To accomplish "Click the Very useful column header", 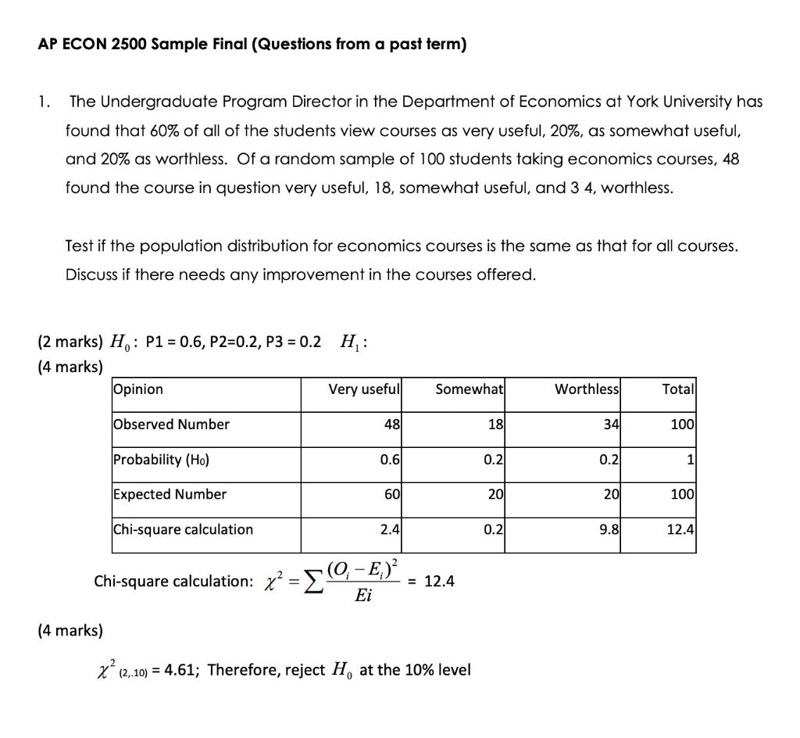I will pos(364,389).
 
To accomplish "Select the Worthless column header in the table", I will pos(587,389).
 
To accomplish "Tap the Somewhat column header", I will pos(470,389).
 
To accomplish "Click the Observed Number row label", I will pos(171,425).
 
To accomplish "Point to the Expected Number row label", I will pos(170,494).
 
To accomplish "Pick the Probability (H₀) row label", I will pos(161,460).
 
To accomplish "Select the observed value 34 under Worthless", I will pos(610,425).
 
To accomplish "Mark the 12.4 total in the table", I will pos(680,529).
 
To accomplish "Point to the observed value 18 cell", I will pos(495,425).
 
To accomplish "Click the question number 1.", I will pos(45,102).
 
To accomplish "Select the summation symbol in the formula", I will pos(311,582).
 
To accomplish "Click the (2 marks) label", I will pos(70,342).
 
